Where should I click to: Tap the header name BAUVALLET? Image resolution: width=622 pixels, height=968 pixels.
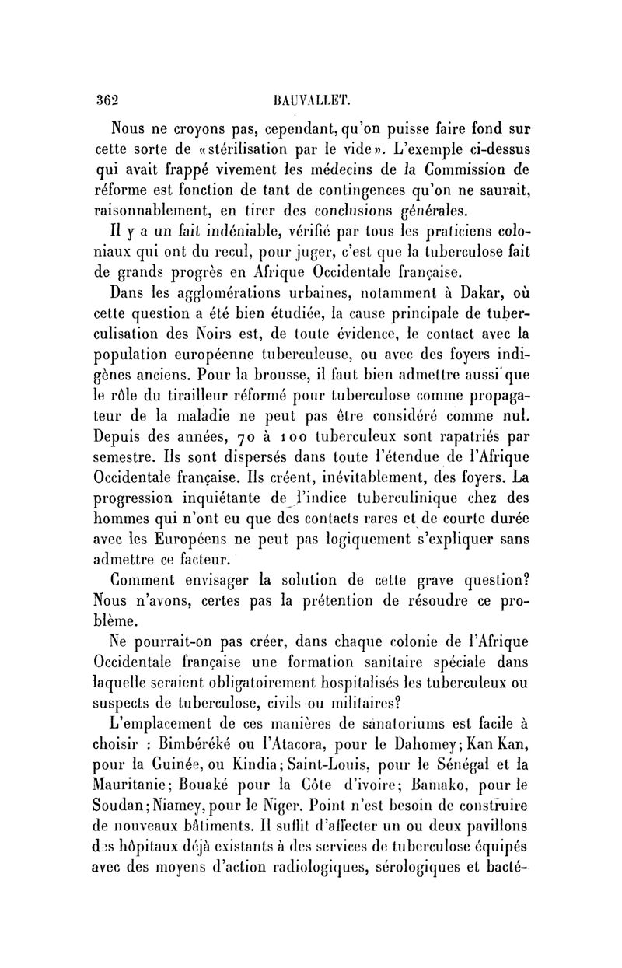click(309, 101)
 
